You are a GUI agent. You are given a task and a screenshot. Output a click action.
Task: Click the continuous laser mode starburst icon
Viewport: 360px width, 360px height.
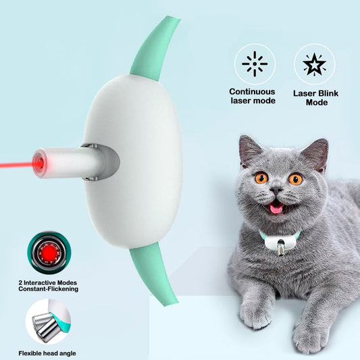click(255, 64)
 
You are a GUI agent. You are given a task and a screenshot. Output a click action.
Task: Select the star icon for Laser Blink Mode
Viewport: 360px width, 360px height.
click(315, 64)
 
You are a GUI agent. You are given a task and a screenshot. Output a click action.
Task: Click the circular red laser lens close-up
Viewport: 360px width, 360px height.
click(47, 253)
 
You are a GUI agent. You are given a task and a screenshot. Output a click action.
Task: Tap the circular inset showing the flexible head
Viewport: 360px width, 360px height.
click(47, 321)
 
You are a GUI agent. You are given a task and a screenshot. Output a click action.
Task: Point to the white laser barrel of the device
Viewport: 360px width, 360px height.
click(68, 163)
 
